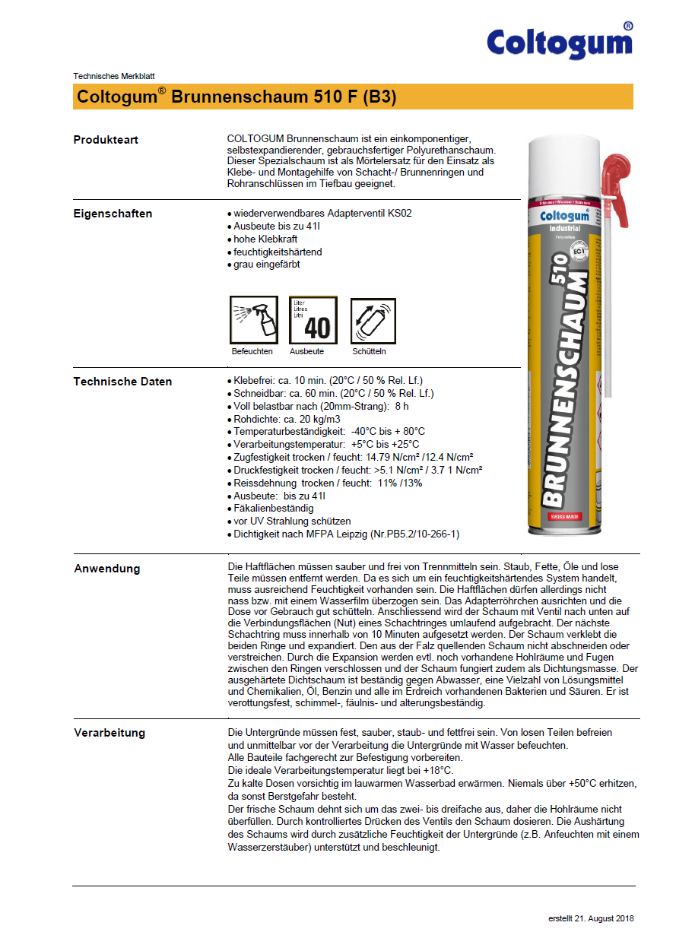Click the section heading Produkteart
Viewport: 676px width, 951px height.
coord(106,140)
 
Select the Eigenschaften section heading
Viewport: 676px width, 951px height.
coord(113,214)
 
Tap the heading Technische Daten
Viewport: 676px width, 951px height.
coord(122,382)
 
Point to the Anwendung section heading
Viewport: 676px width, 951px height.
coord(107,569)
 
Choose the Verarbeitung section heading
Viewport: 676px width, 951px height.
coord(109,733)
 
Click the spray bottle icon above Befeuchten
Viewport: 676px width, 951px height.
coord(253,320)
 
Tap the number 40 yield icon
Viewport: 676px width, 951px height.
coord(313,320)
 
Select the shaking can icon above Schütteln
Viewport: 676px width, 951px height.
coord(373,320)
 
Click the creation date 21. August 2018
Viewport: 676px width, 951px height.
coord(591,918)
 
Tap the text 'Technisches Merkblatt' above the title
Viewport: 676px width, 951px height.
coord(114,76)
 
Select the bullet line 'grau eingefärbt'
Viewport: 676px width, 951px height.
coord(266,265)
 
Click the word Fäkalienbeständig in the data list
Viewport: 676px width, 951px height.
coord(273,509)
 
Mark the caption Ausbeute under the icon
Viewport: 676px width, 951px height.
coord(306,352)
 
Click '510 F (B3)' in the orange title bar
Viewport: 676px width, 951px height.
coord(355,97)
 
